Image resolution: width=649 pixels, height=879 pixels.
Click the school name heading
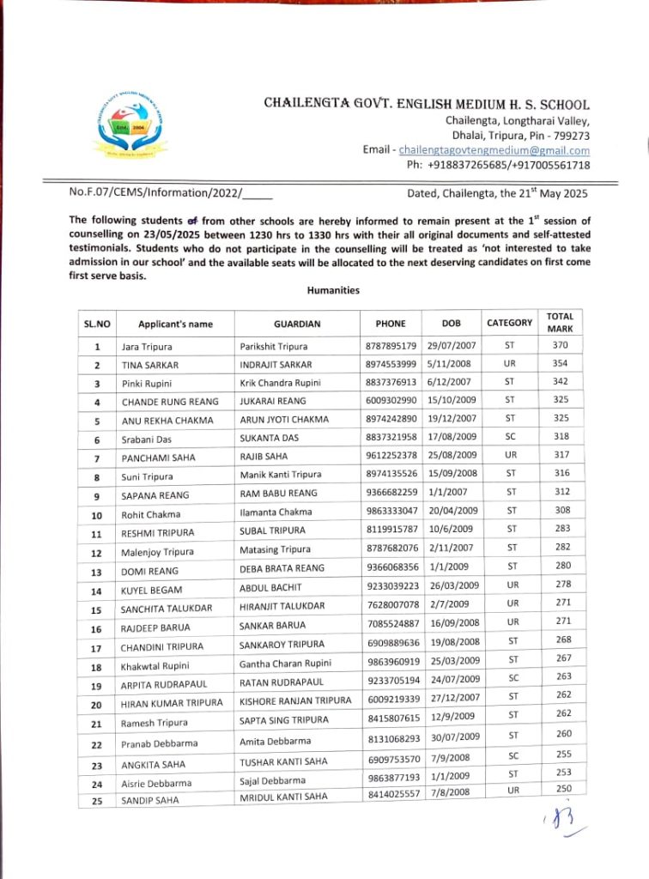(427, 104)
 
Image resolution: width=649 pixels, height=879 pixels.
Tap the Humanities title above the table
(333, 291)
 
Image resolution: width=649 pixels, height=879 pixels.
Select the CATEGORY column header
(509, 323)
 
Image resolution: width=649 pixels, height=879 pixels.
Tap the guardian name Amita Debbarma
(274, 741)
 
